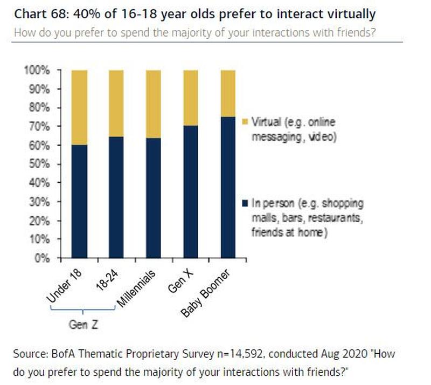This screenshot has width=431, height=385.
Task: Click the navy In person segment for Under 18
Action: (72, 202)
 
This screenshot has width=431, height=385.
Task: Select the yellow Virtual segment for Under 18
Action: (72, 107)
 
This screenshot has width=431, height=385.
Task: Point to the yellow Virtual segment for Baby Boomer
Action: (221, 93)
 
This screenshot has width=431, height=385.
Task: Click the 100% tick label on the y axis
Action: (38, 70)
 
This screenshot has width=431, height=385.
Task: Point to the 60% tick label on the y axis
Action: (39, 146)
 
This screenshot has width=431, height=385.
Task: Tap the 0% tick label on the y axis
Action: (42, 258)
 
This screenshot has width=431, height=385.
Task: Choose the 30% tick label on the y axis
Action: (39, 202)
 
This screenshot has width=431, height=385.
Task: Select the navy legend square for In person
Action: (245, 204)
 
